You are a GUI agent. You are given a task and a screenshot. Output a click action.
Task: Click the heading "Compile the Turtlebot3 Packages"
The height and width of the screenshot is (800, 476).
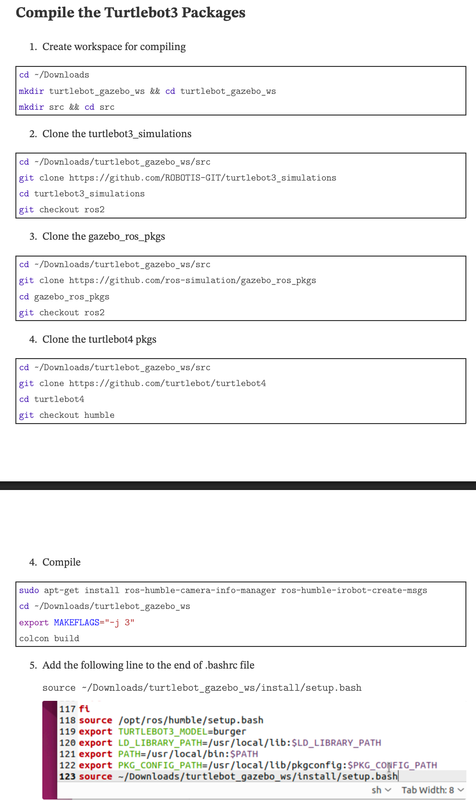coord(130,13)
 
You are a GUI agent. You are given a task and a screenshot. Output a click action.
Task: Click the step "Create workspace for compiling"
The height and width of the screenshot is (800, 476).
coord(113,47)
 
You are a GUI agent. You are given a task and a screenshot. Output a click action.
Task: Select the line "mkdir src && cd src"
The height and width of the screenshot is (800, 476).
coord(66,107)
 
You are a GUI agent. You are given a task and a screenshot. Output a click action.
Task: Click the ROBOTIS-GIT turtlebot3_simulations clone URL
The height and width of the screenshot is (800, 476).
coord(202,178)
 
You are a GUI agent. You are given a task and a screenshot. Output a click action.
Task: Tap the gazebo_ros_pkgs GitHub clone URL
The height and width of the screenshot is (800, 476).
coord(192,280)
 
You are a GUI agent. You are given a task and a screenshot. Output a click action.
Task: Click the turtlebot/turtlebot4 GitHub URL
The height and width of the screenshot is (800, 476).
coord(167,383)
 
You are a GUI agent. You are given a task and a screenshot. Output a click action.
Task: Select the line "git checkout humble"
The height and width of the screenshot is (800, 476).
coord(66,415)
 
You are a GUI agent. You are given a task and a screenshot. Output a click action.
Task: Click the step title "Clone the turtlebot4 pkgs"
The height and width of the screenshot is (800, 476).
coord(99,339)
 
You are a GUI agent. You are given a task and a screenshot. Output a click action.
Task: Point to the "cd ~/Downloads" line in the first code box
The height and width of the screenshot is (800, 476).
coord(54,75)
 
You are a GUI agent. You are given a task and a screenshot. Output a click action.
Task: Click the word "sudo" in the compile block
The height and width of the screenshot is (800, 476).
coord(29,590)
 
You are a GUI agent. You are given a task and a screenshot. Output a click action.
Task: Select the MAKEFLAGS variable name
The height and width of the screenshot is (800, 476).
coord(76,622)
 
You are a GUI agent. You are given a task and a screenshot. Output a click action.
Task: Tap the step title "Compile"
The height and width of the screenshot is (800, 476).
coord(61,562)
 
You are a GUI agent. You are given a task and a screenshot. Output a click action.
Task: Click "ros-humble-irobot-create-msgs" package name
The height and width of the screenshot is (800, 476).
coord(354,590)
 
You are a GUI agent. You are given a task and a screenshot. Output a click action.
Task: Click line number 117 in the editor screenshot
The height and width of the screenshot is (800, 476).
coord(67,709)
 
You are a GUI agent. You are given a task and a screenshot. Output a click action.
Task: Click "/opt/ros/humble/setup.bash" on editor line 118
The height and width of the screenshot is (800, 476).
coord(190,720)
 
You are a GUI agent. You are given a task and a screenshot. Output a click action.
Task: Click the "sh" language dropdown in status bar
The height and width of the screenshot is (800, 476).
coord(381,790)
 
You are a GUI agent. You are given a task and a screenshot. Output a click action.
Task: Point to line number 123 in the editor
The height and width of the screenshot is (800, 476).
coord(67,776)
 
